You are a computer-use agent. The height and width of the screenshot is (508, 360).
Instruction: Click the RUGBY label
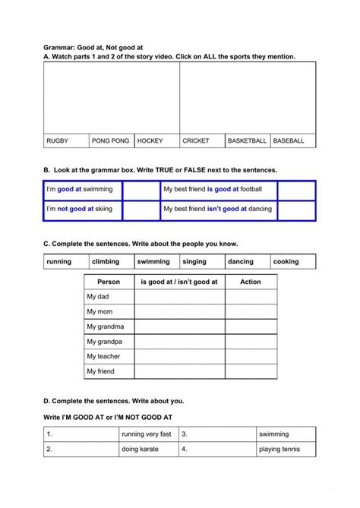pyautogui.click(x=58, y=140)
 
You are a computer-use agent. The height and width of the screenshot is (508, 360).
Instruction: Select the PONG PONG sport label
pyautogui.click(x=110, y=140)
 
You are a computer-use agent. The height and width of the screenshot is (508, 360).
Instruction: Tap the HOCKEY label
pyautogui.click(x=150, y=140)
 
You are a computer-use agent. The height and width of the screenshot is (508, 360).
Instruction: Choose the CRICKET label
pyautogui.click(x=196, y=140)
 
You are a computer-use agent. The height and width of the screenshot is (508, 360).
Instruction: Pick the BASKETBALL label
pyautogui.click(x=248, y=140)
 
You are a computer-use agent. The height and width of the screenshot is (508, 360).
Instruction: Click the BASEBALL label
pyautogui.click(x=289, y=140)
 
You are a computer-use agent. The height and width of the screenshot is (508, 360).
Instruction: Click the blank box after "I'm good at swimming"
pyautogui.click(x=141, y=189)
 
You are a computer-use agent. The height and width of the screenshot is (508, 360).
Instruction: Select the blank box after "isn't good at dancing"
pyautogui.click(x=296, y=209)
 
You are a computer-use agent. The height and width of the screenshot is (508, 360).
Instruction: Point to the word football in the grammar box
pyautogui.click(x=251, y=189)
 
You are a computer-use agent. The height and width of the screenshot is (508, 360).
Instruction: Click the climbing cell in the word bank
pyautogui.click(x=106, y=261)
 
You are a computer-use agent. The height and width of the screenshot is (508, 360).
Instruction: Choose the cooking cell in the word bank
pyautogui.click(x=286, y=261)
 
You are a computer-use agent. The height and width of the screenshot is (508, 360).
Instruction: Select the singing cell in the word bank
pyautogui.click(x=194, y=261)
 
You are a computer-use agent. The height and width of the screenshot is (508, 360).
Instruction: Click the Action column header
pyautogui.click(x=251, y=282)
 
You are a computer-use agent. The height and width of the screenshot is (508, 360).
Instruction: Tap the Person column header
pyautogui.click(x=109, y=282)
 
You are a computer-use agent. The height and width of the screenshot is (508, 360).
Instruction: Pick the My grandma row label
pyautogui.click(x=106, y=327)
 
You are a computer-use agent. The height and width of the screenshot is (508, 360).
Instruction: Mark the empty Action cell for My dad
pyautogui.click(x=251, y=297)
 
